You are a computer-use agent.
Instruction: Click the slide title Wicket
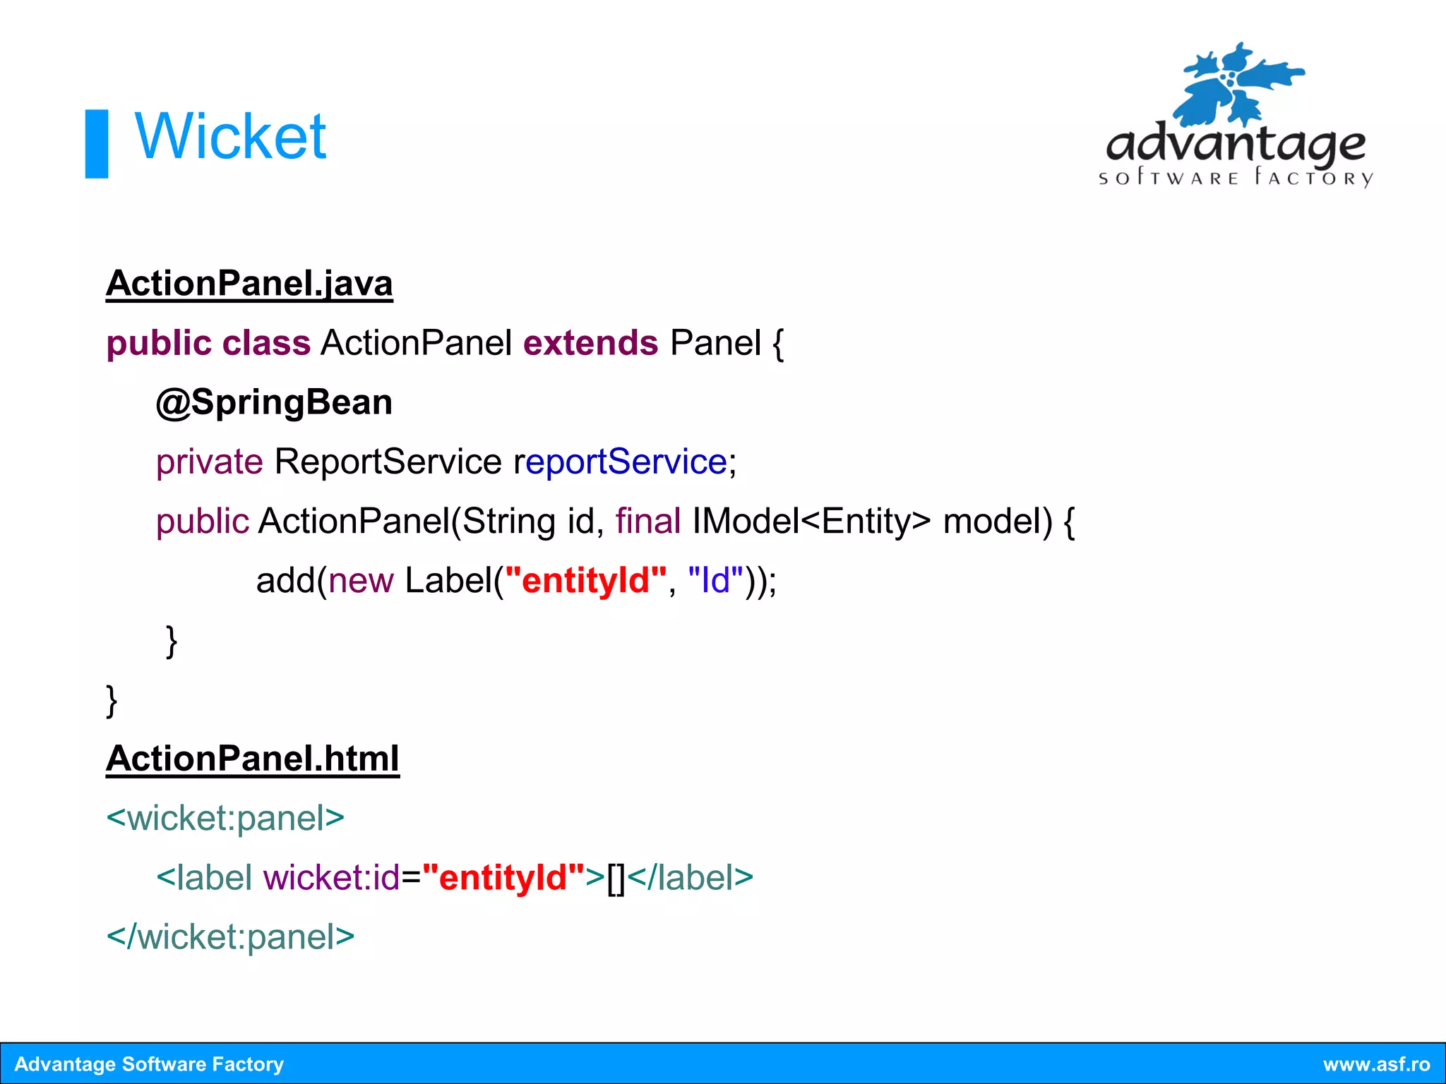click(230, 137)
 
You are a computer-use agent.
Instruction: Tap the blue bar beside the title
click(97, 144)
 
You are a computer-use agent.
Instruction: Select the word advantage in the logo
click(1235, 145)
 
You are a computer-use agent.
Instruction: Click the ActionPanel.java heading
click(249, 284)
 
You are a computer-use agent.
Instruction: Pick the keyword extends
click(590, 344)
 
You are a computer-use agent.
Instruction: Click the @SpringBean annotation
click(274, 403)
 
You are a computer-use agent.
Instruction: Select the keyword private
click(210, 462)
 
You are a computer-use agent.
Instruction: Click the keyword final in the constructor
click(647, 522)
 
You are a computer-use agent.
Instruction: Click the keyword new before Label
click(361, 581)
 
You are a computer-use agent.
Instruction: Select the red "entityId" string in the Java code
click(585, 581)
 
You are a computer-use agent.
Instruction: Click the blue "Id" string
click(715, 581)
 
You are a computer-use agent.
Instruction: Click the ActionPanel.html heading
click(253, 759)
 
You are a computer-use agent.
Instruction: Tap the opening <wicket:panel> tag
click(225, 819)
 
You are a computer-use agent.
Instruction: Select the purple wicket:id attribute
click(331, 878)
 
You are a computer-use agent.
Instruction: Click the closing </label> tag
click(690, 878)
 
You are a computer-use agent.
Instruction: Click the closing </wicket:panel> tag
click(230, 937)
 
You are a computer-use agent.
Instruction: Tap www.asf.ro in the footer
click(1375, 1064)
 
